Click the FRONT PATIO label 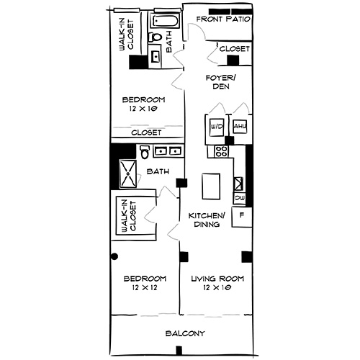point(222,19)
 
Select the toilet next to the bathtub point(156,37)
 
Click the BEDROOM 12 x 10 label point(143,104)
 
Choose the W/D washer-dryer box point(217,127)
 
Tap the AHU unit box point(239,127)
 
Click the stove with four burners point(220,152)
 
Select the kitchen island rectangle point(212,186)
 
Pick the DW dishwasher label point(239,197)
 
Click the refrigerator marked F point(242,216)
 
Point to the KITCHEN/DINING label point(207,220)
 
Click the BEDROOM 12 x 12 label point(144,283)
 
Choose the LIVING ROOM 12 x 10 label point(217,283)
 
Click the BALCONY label point(186,333)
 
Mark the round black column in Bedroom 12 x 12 point(113,256)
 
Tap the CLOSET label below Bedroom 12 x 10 point(146,132)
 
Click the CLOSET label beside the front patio point(234,49)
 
